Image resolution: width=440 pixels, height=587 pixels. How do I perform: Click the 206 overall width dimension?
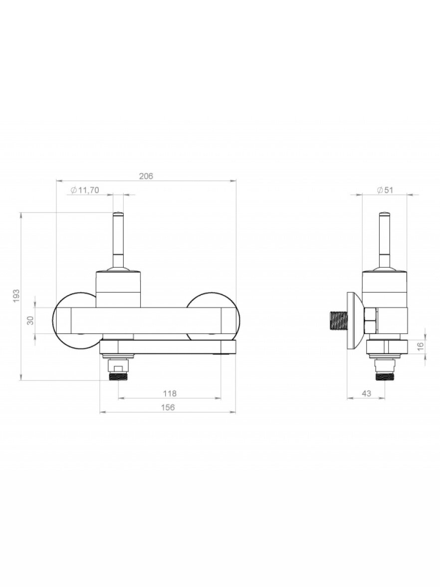146,176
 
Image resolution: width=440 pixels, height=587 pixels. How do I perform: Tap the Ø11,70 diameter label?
85,190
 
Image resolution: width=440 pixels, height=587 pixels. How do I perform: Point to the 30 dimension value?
31,320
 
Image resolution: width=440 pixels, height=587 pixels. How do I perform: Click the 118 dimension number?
170,393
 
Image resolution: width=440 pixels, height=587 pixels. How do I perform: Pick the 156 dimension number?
168,407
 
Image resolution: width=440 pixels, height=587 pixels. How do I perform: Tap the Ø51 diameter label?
385,190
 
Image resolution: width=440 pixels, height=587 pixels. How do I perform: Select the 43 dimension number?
367,393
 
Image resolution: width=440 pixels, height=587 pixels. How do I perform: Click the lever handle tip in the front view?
118,214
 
